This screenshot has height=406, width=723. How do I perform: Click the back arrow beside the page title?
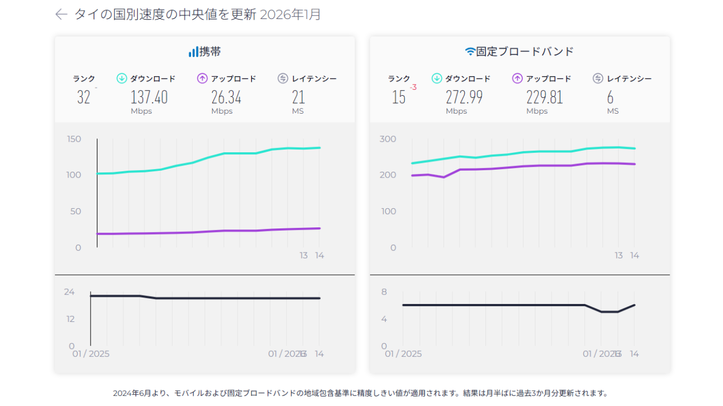61,14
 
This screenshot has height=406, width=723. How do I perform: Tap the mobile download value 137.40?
149,97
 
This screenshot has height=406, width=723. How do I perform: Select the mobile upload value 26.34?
226,97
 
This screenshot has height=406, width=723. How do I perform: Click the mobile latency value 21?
299,97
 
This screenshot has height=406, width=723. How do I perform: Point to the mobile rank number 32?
84,97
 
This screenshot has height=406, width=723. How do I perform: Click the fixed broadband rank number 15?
399,97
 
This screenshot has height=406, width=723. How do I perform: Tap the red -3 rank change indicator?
413,88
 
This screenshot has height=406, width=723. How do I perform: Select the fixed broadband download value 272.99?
464,97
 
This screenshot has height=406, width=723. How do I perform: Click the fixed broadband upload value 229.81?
544,97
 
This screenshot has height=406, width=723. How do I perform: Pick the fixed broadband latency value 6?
610,97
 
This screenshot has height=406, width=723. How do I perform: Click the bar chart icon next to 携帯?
193,52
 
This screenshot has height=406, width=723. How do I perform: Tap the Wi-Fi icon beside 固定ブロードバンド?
469,52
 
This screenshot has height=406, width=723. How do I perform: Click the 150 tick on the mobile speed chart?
74,139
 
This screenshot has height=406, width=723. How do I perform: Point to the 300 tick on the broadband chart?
388,139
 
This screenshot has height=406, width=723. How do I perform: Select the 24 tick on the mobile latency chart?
69,292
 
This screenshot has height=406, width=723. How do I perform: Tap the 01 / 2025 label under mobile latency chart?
91,354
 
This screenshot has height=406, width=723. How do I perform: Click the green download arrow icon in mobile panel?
121,79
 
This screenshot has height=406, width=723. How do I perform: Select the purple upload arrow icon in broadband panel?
517,79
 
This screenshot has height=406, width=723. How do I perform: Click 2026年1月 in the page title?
291,14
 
